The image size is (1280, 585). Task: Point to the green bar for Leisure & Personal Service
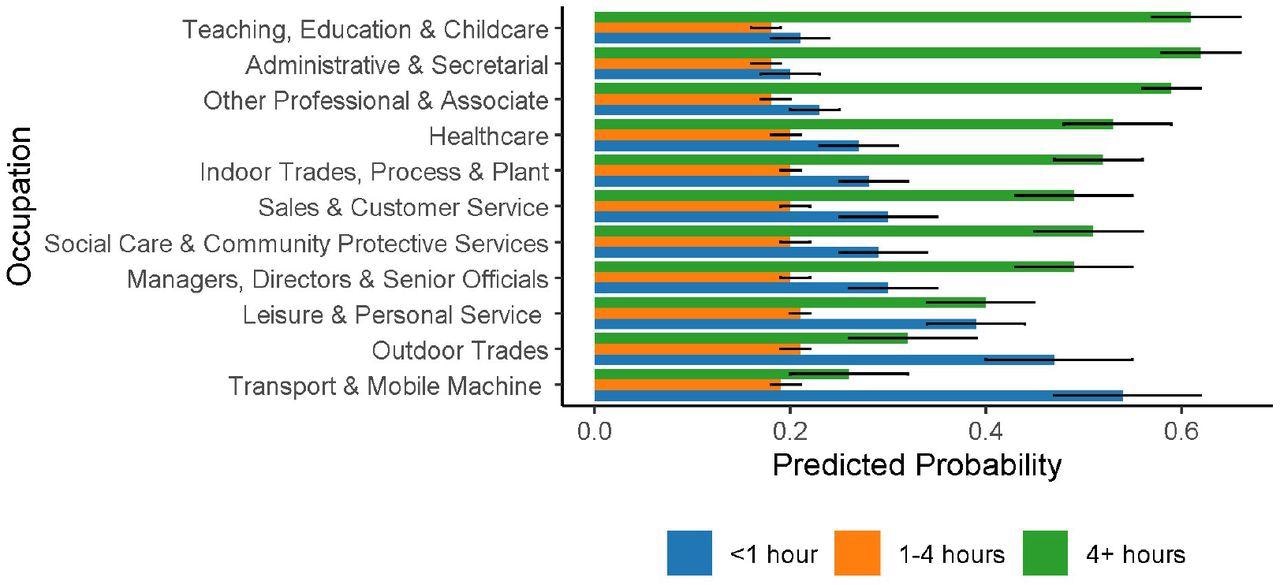coord(790,302)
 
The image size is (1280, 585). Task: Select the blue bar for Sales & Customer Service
coord(741,217)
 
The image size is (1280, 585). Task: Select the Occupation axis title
coord(22,207)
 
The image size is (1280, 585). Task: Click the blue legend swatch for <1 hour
coord(690,553)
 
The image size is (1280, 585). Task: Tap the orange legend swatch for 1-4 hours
coord(857,553)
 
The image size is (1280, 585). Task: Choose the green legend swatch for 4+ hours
coord(1038,553)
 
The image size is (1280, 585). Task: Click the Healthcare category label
coord(488,136)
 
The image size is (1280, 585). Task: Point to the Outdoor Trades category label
coord(460,351)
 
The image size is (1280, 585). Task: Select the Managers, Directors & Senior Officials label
coord(338,280)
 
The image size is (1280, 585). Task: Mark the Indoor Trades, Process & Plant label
coord(374,172)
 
